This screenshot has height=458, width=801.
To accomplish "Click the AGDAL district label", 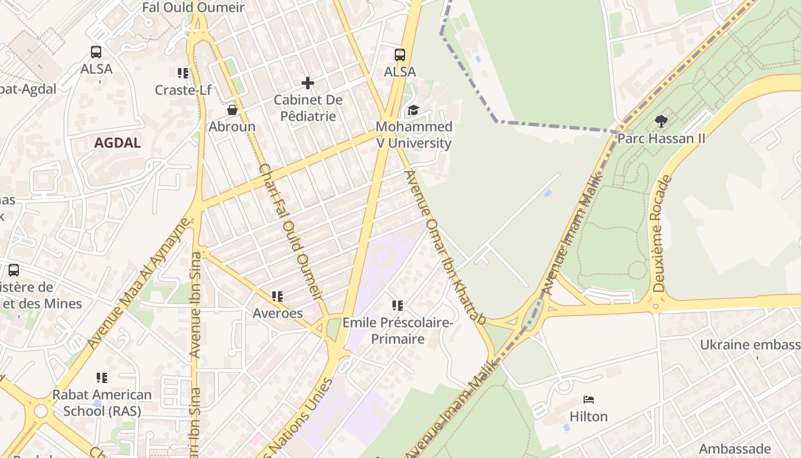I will tap(117, 143).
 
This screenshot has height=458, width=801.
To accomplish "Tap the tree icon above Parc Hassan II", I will tap(661, 121).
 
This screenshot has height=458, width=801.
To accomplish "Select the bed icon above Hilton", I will tap(589, 399).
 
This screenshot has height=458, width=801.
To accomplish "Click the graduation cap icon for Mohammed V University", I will tap(413, 110).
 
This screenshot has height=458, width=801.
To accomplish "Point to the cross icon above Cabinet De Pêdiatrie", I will tap(308, 83).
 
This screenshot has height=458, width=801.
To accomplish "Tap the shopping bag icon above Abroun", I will tap(232, 109).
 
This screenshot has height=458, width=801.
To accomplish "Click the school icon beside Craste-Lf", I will tap(183, 73).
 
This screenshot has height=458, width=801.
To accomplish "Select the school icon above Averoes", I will tap(277, 296).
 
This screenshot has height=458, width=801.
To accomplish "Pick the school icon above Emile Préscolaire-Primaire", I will tap(398, 306).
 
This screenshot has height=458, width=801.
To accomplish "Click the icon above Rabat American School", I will tap(102, 377).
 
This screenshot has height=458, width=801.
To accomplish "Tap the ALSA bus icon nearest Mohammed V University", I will tap(400, 55).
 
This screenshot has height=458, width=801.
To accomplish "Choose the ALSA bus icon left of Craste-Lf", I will tap(96, 52).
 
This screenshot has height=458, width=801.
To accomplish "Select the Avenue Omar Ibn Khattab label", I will tap(445, 247).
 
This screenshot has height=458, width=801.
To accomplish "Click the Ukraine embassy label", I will tap(750, 345).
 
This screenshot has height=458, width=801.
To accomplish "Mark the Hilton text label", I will tap(589, 416).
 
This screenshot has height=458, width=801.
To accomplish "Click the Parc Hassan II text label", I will tap(661, 139).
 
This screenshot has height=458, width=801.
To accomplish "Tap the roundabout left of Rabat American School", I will tap(40, 410).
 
